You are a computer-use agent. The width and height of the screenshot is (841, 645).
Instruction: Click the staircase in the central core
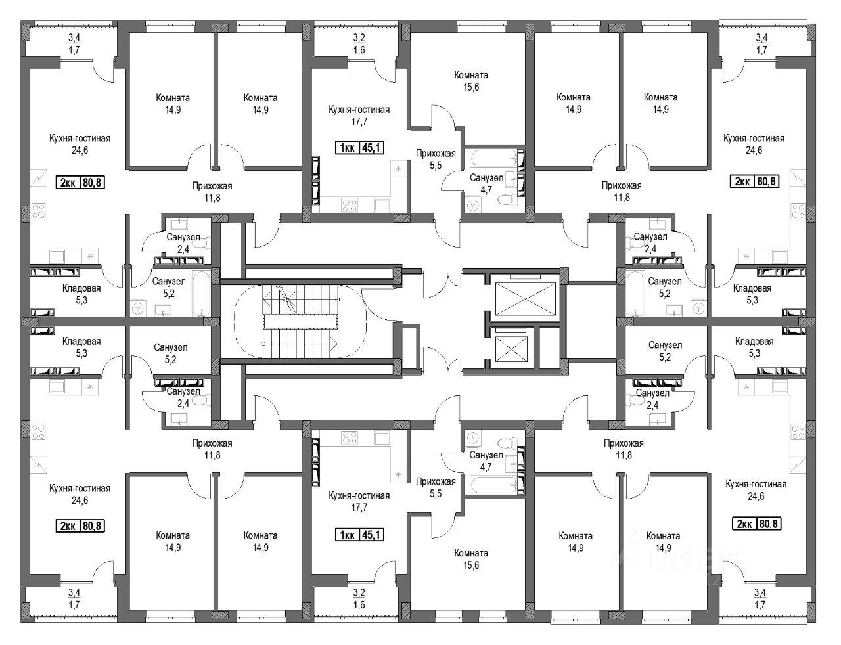(x=300, y=322)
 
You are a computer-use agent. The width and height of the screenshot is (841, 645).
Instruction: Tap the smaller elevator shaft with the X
(x=512, y=349)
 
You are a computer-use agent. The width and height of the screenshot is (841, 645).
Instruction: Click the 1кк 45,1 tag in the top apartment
(x=359, y=148)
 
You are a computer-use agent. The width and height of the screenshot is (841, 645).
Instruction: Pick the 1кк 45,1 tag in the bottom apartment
(x=359, y=535)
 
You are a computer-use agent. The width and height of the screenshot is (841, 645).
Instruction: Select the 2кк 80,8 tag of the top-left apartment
(x=81, y=182)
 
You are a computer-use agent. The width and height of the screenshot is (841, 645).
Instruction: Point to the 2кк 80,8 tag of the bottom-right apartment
(x=757, y=524)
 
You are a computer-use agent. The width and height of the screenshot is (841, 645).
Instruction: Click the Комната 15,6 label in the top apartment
(x=471, y=81)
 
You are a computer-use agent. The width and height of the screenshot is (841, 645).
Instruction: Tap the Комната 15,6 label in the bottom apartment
(x=471, y=560)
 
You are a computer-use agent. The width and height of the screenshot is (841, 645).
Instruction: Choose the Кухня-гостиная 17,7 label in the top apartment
(x=359, y=116)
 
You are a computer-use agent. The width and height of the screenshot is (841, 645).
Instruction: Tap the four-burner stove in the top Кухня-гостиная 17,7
(x=350, y=205)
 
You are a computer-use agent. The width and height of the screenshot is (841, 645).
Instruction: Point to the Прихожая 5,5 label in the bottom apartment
(x=436, y=487)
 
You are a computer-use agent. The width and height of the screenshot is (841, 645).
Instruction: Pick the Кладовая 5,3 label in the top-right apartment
(x=752, y=294)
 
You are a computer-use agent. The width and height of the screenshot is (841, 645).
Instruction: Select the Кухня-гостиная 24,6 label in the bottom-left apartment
(x=80, y=494)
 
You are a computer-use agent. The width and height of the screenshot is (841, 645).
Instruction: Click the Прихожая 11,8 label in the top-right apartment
(x=622, y=192)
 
